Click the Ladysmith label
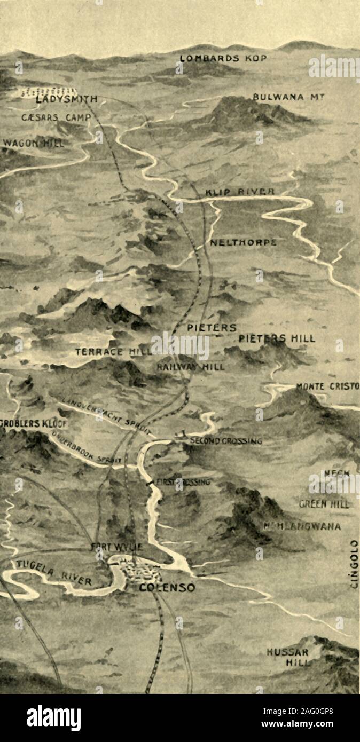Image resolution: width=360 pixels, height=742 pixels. (x=67, y=99)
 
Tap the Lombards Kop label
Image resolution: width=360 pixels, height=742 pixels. (x=223, y=58)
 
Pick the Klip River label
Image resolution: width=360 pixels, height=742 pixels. (x=240, y=192)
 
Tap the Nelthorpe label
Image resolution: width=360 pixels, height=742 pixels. (x=243, y=242)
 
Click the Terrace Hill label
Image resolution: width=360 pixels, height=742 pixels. (x=113, y=352)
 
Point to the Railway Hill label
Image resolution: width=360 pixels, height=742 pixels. (x=191, y=367)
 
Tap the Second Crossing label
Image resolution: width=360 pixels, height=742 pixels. (x=226, y=441)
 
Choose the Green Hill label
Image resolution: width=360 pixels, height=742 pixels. (x=324, y=504)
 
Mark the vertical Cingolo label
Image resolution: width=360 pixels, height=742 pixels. (x=354, y=564)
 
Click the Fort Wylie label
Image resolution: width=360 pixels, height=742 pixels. (x=116, y=547)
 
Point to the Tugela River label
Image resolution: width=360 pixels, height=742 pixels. (x=53, y=573)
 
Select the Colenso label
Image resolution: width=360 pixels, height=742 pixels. (x=167, y=588)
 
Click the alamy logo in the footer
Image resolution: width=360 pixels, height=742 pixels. (x=53, y=718)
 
